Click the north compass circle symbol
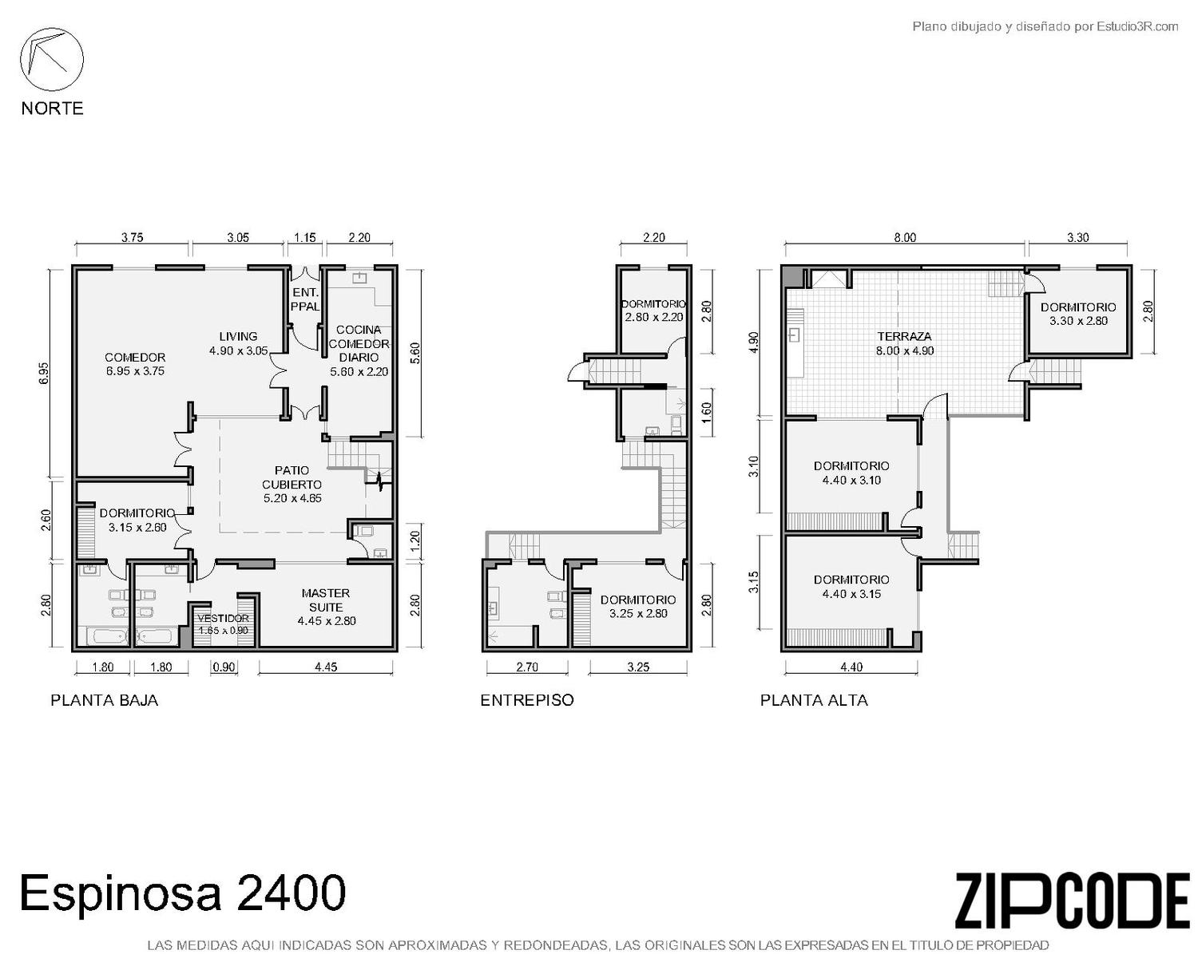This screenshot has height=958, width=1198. click(52, 90)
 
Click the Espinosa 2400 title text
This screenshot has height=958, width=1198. click(183, 893)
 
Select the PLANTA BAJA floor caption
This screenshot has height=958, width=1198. click(105, 700)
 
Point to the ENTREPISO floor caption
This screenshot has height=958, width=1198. click(526, 700)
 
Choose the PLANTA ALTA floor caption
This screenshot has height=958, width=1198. click(814, 700)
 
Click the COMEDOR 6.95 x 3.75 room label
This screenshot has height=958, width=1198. click(135, 364)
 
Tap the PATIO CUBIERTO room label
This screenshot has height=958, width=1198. click(292, 485)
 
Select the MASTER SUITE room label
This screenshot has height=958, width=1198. click(326, 608)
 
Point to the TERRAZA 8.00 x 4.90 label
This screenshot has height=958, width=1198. click(904, 343)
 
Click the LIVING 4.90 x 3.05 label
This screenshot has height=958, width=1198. click(238, 343)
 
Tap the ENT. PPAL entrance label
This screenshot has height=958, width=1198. click(305, 299)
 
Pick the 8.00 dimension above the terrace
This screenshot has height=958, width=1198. click(905, 238)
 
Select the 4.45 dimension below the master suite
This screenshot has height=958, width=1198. click(326, 667)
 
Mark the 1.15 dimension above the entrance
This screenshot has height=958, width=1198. click(305, 238)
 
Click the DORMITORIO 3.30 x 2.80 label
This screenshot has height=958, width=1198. click(1078, 314)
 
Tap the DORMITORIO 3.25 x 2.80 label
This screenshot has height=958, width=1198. click(638, 607)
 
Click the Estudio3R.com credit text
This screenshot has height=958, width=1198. click(1137, 26)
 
